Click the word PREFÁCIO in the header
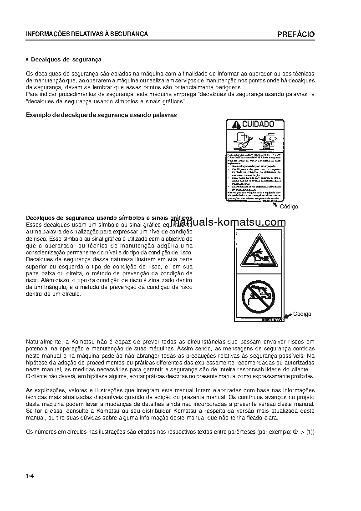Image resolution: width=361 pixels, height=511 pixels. [x=295, y=35]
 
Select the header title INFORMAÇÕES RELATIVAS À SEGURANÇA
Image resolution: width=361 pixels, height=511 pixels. [x=86, y=34]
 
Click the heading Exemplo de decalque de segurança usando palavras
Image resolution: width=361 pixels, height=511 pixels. [x=101, y=115]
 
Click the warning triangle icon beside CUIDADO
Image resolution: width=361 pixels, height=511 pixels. [x=235, y=125]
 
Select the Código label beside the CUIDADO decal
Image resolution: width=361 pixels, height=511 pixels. [x=289, y=207]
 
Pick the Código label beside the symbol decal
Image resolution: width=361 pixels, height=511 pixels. [x=302, y=314]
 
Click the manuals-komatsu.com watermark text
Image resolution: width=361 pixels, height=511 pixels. [x=228, y=222]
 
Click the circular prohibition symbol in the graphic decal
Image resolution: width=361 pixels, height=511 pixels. [x=258, y=297]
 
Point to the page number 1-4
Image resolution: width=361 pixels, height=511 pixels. [x=31, y=476]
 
